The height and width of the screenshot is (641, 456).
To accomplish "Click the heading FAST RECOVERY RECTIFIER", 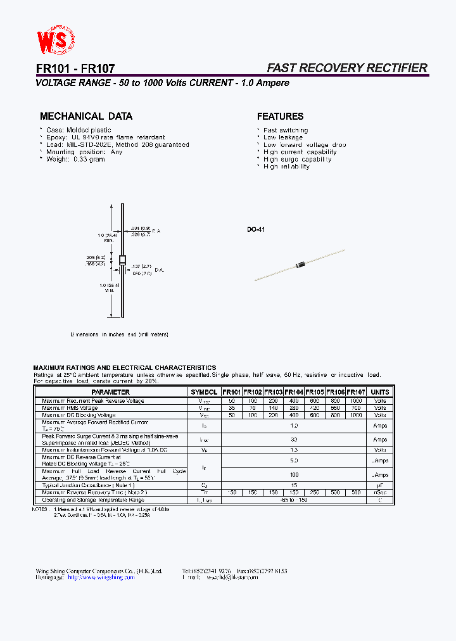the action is (x=346, y=68).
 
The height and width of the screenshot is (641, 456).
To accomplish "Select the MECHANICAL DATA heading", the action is (x=86, y=117).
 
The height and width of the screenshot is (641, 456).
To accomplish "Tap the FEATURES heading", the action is (x=280, y=117).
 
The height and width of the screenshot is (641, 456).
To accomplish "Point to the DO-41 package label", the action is (x=256, y=229).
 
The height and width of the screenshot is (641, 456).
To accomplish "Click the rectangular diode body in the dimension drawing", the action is (x=122, y=260).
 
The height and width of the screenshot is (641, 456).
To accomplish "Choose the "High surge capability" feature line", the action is (x=297, y=159).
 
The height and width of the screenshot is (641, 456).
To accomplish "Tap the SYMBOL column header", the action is (x=204, y=392).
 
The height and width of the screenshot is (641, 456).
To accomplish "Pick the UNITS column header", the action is (x=380, y=392).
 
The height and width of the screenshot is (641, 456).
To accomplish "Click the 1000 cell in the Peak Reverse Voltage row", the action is (x=356, y=401).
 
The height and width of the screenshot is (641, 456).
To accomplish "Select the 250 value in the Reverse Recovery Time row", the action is (x=315, y=492).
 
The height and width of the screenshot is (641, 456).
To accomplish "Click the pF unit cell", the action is (x=380, y=485).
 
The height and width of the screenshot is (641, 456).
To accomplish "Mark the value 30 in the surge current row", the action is (x=294, y=439).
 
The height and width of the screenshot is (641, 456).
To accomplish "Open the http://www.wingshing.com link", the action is (x=101, y=578).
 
